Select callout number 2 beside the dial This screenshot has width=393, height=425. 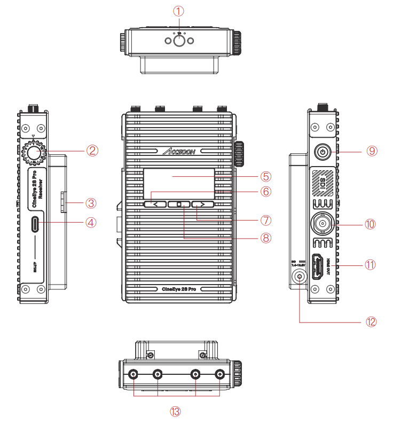(x=92, y=150)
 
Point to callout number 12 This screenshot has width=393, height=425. (x=371, y=321)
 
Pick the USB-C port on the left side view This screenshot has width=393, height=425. (x=35, y=223)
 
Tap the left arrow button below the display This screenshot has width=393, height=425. (x=154, y=204)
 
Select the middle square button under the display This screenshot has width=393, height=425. (x=179, y=204)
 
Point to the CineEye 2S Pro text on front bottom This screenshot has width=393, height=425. (x=179, y=288)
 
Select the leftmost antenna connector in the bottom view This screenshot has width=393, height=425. (x=132, y=375)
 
